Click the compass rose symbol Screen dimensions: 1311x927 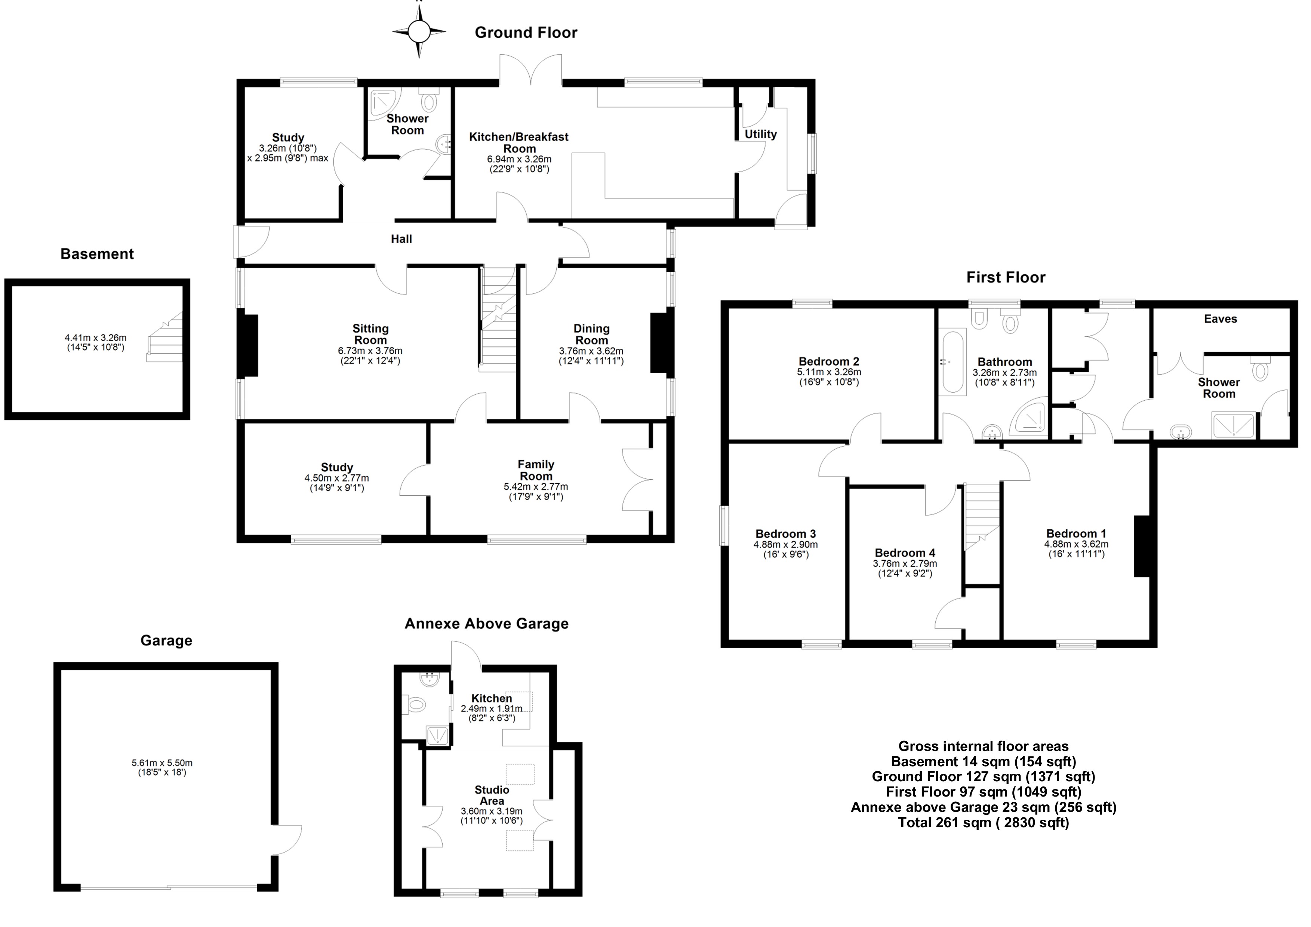tap(419, 31)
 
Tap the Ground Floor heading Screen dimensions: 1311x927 tap(526, 33)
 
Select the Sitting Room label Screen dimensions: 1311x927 tap(370, 334)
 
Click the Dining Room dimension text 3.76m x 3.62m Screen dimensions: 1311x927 tap(591, 351)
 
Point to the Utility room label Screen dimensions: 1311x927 tap(761, 134)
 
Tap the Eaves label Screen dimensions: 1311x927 tap(1220, 319)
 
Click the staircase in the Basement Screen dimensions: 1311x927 tap(165, 337)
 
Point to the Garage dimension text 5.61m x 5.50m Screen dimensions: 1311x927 tap(162, 763)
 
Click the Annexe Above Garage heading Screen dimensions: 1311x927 tap(486, 624)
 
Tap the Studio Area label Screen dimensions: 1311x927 tap(492, 795)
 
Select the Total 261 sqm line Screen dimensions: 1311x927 tap(983, 823)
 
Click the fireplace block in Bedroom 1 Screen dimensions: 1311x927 tap(1141, 546)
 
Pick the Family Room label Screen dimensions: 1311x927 tap(536, 470)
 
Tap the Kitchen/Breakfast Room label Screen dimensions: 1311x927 tap(519, 143)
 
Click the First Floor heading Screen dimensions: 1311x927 tap(1006, 277)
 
